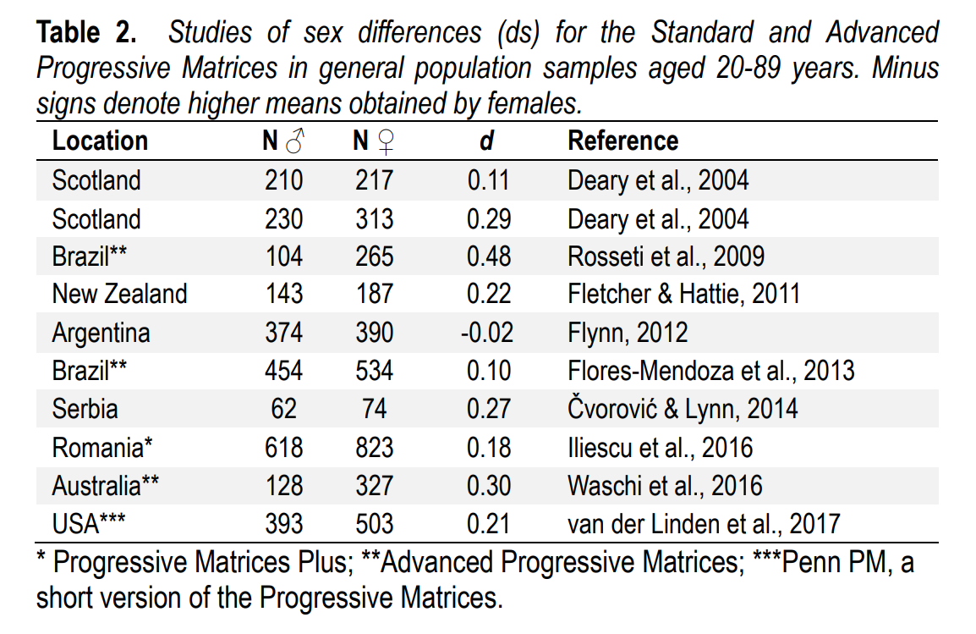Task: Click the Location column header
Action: pyautogui.click(x=100, y=141)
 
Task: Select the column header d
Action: pyautogui.click(x=486, y=141)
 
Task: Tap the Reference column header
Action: pyautogui.click(x=622, y=141)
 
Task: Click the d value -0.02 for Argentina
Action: pyautogui.click(x=486, y=333)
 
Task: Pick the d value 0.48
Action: pyautogui.click(x=489, y=256)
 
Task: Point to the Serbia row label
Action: pyautogui.click(x=85, y=409)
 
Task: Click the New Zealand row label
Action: pyautogui.click(x=119, y=295)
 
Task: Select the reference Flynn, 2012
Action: pyautogui.click(x=628, y=333)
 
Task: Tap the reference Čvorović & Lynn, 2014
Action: pyautogui.click(x=683, y=409)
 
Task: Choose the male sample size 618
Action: pyautogui.click(x=283, y=447)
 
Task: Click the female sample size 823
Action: pyautogui.click(x=373, y=447)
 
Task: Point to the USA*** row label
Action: pyautogui.click(x=88, y=524)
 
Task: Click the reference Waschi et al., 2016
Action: pyautogui.click(x=665, y=486)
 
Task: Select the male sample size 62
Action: pyautogui.click(x=283, y=409)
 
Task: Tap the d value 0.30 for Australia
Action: pyautogui.click(x=489, y=486)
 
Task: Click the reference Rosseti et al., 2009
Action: pyautogui.click(x=666, y=256)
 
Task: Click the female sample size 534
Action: pyautogui.click(x=373, y=371)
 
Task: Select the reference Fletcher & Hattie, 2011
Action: pyautogui.click(x=683, y=295)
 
